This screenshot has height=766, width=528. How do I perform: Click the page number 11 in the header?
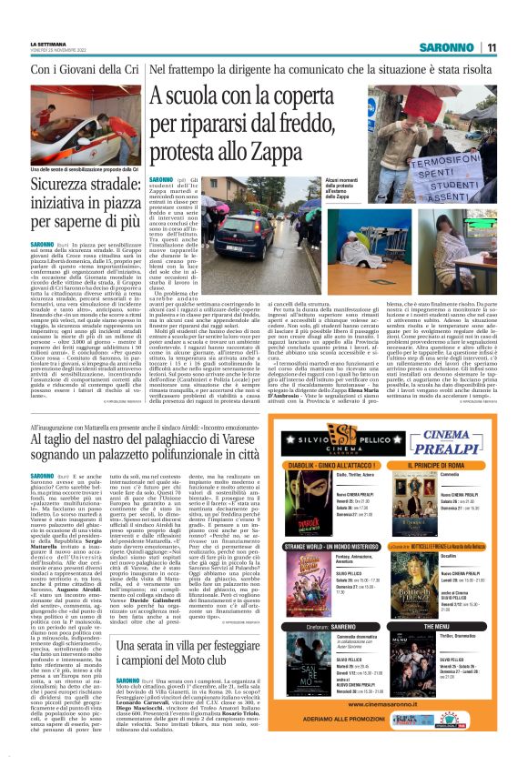click(x=491, y=47)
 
